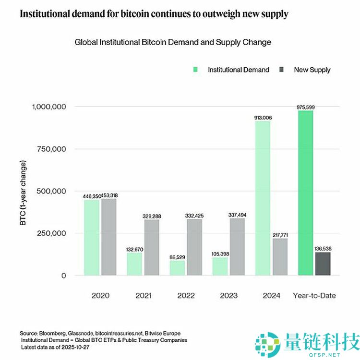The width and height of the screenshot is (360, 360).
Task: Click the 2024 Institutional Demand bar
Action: coord(263,198)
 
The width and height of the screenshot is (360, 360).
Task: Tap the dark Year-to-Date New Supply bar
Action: coord(323,264)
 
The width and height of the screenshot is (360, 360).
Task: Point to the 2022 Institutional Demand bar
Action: coord(177,268)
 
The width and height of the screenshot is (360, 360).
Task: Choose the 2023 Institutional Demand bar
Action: coord(220,266)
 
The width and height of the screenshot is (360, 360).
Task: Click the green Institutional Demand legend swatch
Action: coord(196,70)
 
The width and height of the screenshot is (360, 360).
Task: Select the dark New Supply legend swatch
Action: coord(282,70)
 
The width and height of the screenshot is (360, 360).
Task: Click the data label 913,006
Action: coord(263,117)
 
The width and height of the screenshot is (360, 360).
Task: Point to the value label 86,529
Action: coord(177,257)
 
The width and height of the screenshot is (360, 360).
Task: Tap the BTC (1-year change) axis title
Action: coord(24,192)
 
